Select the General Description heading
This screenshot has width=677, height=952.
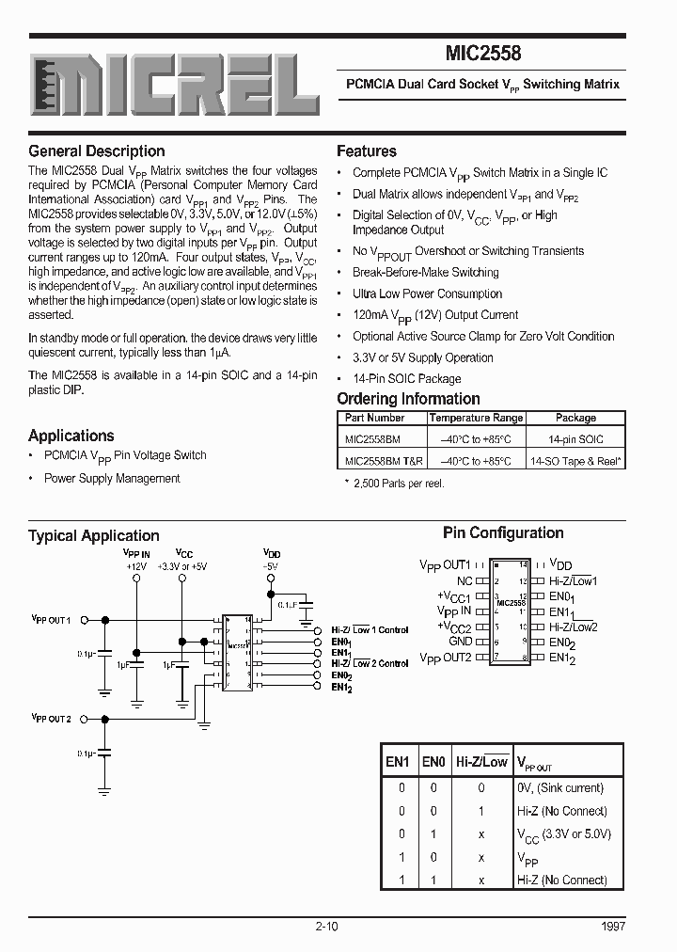coord(97,151)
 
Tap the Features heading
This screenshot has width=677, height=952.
coord(367,151)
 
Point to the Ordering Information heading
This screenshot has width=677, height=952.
coord(408,399)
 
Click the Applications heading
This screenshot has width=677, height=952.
coord(71,436)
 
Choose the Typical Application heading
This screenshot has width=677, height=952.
coord(94,536)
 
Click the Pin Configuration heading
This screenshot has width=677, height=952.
coord(503,533)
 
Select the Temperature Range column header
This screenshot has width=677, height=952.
coord(476,418)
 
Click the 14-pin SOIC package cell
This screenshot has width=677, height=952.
coord(575,439)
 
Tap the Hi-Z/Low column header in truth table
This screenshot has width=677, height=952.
coord(481,762)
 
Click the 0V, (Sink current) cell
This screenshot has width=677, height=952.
coord(559,788)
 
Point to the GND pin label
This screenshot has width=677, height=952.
coord(460,643)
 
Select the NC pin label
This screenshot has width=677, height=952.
coord(464,581)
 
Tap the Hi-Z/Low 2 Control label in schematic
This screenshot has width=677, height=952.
coord(370,663)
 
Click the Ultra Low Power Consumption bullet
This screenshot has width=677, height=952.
coord(427,294)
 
